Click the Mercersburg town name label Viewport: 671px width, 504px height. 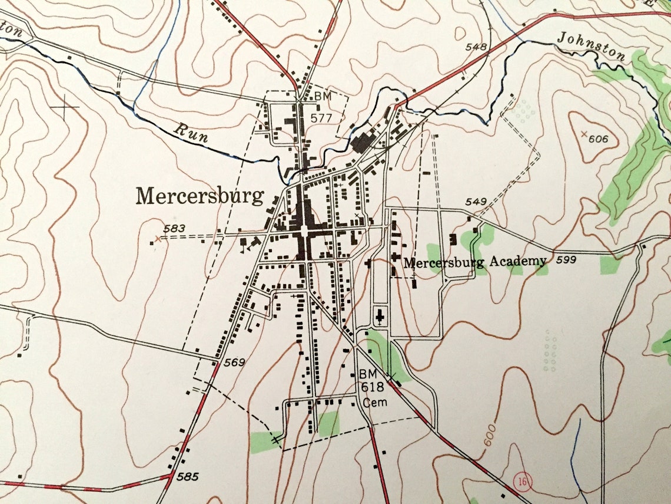click(x=200, y=196)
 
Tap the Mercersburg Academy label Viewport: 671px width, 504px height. click(x=476, y=262)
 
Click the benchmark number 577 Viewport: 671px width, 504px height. click(x=323, y=117)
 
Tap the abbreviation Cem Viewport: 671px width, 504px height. click(x=373, y=404)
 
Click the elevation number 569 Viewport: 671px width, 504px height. click(x=234, y=363)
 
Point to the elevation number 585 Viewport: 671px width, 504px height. click(x=188, y=476)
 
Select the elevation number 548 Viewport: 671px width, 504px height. click(x=476, y=47)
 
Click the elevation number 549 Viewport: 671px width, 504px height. click(x=476, y=202)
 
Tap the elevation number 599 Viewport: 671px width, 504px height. click(x=564, y=259)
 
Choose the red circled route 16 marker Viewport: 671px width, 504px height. click(x=521, y=480)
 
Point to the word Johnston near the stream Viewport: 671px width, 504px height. click(x=591, y=47)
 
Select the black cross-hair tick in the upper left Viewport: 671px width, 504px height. click(x=65, y=107)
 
